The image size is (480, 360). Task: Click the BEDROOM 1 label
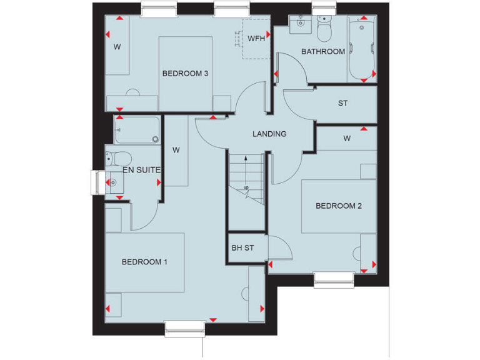point(144,262)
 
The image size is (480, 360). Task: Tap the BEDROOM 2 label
point(338,206)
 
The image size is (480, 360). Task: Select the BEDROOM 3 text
point(185,73)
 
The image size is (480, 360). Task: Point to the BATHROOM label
point(323,51)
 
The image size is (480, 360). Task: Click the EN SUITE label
point(142,169)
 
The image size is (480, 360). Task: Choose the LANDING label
point(269,134)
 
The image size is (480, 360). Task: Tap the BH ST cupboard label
point(242,247)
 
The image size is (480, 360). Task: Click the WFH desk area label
point(256,38)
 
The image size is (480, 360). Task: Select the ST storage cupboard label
point(342,103)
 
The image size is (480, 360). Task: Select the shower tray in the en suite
point(136,130)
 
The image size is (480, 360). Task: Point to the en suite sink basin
point(114,182)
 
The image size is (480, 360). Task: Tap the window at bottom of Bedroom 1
point(184,326)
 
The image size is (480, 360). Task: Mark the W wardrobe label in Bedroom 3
point(117,47)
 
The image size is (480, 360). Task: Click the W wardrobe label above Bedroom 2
point(346,138)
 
